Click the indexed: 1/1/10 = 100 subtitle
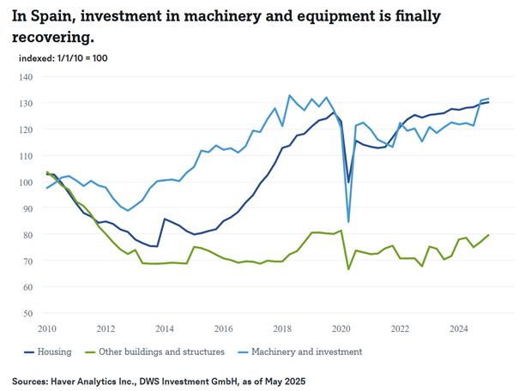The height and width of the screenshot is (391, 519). [x=63, y=57]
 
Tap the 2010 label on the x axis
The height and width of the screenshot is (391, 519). [x=46, y=328]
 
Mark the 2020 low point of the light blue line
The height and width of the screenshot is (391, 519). [x=349, y=222]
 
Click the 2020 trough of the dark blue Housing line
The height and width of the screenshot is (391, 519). [x=348, y=182]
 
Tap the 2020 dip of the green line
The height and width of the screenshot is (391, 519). [x=348, y=269]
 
